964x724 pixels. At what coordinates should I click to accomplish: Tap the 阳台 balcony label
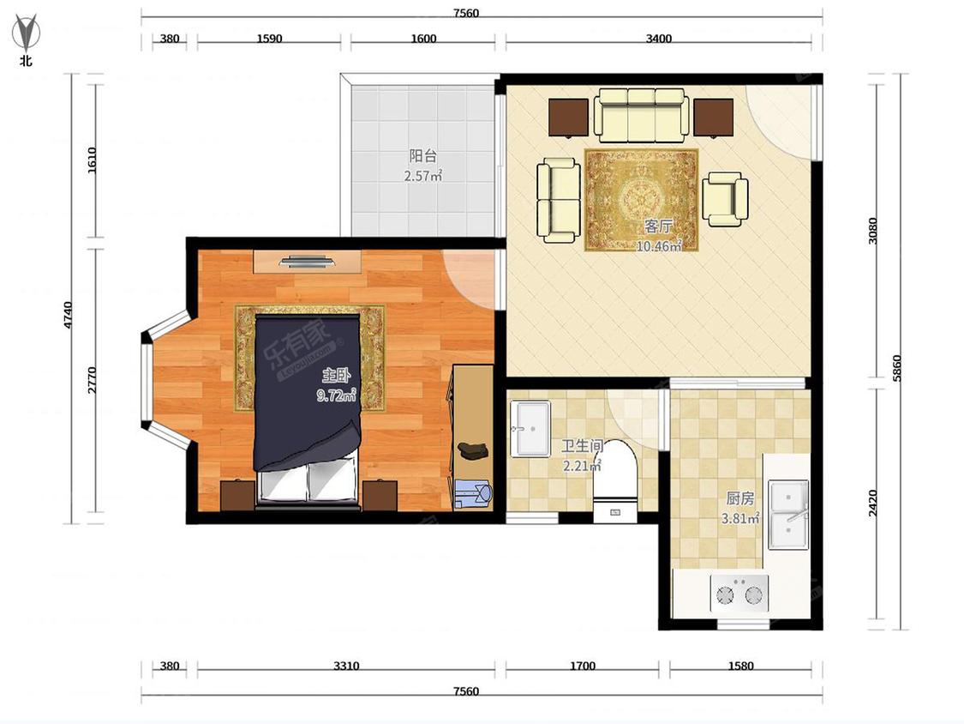coord(423,156)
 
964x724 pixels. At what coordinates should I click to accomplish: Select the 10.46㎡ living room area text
coord(659,246)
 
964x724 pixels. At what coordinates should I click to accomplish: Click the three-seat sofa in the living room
coord(640,116)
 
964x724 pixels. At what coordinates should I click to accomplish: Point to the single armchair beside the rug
coord(726,198)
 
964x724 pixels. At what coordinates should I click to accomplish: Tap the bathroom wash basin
coord(530,429)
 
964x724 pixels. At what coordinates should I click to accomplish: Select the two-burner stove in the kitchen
coord(739,593)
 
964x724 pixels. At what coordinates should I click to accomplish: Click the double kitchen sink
coord(788,515)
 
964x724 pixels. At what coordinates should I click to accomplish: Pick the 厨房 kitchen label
coord(739,498)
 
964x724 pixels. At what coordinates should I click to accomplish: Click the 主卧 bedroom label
coord(336,375)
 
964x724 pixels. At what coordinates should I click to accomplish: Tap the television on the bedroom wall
coord(307,262)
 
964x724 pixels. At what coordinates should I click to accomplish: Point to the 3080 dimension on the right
coord(873,231)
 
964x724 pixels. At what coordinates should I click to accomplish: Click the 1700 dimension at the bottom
coord(582,666)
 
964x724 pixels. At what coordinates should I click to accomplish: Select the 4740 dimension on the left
coord(68,314)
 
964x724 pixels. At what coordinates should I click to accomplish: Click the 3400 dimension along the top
coord(658,38)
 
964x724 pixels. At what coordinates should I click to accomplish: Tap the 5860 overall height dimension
coord(896,368)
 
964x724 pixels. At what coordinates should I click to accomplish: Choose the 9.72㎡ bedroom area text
coord(336,395)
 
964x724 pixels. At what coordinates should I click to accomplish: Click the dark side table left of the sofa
coord(569,118)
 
